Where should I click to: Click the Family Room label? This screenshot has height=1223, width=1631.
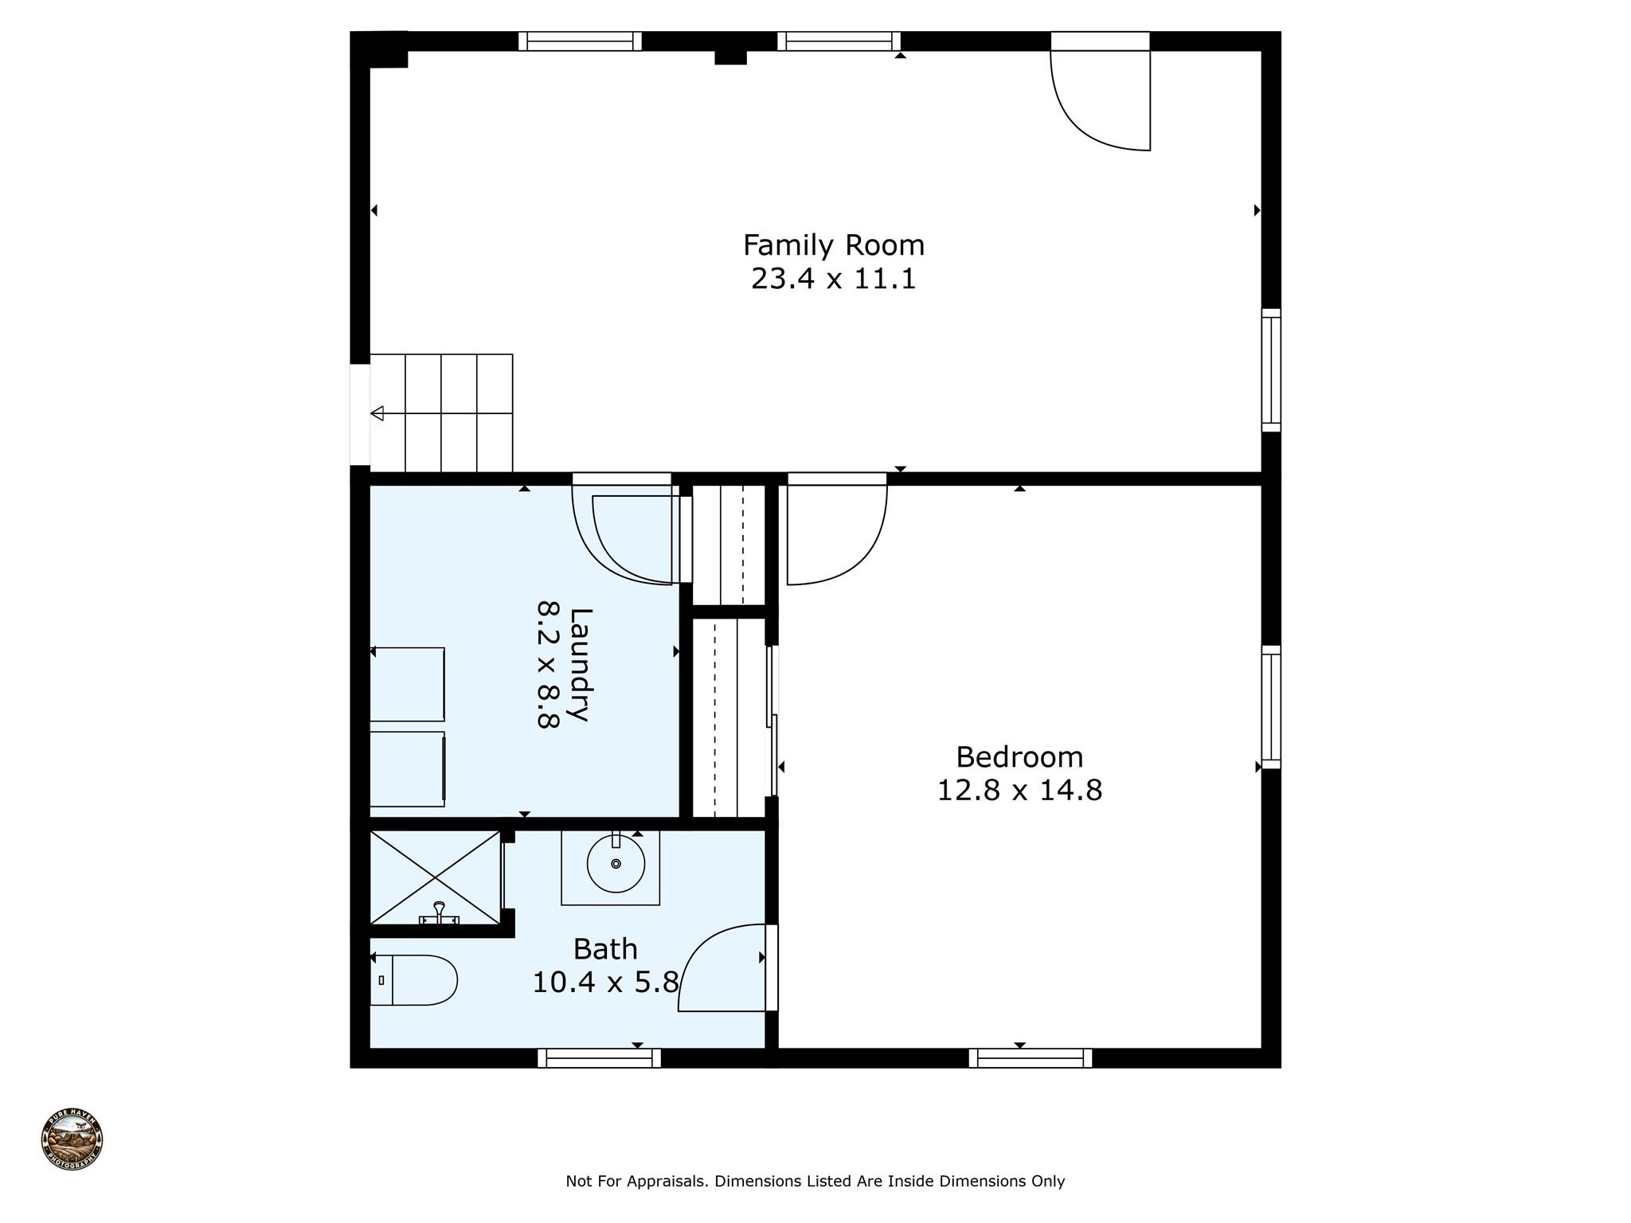(834, 245)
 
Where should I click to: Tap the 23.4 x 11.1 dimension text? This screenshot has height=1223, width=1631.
(834, 279)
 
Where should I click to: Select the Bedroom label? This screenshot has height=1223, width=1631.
(1019, 756)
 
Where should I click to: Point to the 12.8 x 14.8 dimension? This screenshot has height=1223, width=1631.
(1019, 791)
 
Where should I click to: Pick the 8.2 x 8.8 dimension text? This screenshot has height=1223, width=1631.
(549, 665)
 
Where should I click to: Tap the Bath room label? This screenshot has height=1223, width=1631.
(605, 949)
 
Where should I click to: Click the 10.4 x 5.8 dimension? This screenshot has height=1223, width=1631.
(605, 983)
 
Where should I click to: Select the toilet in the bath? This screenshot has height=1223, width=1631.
(413, 980)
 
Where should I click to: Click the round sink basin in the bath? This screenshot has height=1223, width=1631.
(616, 864)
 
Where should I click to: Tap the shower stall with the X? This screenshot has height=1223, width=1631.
(436, 877)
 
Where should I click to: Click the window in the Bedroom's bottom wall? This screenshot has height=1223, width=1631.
(1031, 1058)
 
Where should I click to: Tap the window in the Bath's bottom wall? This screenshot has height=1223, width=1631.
(599, 1058)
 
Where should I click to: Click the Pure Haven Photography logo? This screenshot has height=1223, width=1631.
(72, 1139)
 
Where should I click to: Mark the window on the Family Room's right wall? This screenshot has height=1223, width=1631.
(1271, 370)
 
